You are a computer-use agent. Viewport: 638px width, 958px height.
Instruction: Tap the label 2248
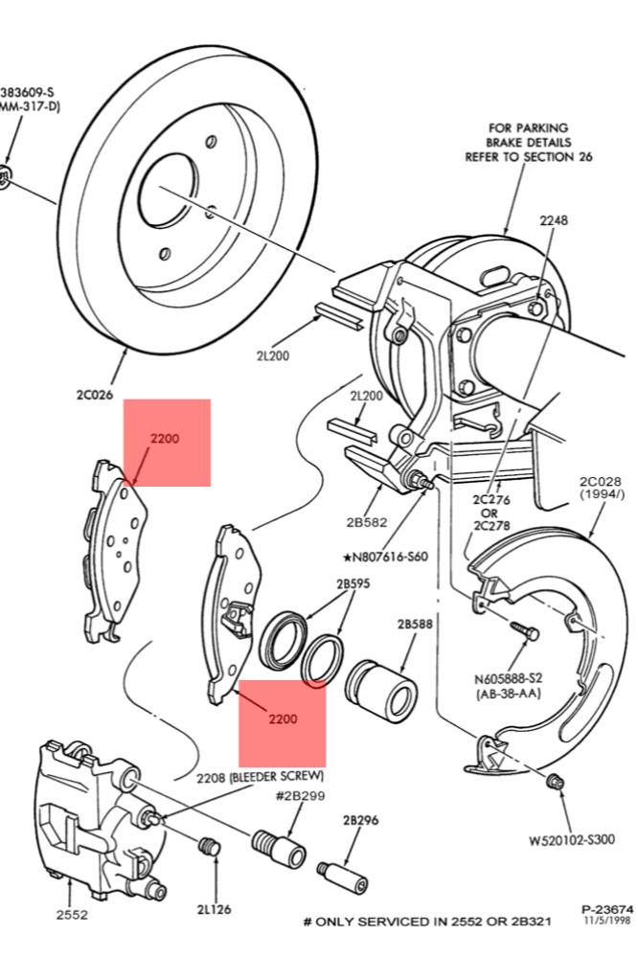point(553,219)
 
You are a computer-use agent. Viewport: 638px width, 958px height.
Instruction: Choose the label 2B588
point(415,624)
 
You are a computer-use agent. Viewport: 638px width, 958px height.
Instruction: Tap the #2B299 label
point(299,796)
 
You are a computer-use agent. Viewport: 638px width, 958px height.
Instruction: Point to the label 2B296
point(360,820)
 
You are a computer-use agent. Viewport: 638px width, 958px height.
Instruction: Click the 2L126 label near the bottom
point(212,908)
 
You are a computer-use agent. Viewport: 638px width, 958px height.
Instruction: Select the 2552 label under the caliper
point(72,915)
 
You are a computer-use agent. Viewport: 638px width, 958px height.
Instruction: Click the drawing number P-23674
point(606,908)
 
